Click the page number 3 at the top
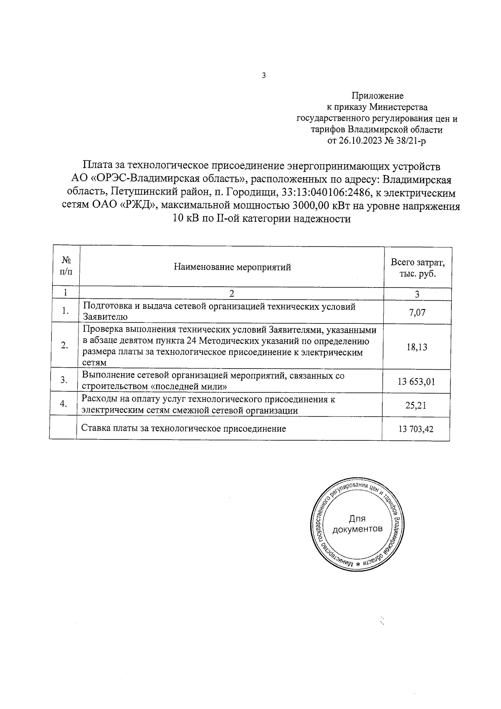[x=263, y=76]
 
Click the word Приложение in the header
[x=377, y=97]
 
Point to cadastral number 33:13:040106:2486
[x=319, y=193]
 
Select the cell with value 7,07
[x=417, y=312]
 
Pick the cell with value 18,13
[x=417, y=347]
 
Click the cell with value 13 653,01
[x=417, y=381]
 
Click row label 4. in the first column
[x=63, y=404]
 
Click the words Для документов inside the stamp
[x=357, y=524]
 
